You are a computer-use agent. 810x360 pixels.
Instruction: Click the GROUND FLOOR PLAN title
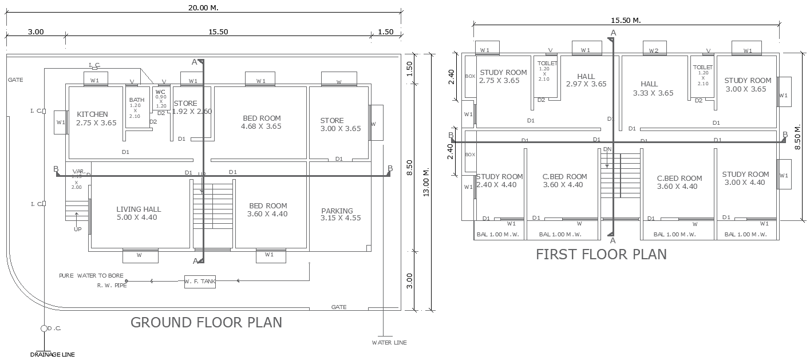206,322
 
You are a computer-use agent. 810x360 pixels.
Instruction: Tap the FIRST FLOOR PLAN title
601,254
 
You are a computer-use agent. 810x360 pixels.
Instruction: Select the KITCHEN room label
92,114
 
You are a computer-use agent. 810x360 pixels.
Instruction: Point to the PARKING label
337,211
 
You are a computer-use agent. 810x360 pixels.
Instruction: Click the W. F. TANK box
200,281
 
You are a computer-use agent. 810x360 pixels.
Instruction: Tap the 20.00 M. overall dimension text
203,7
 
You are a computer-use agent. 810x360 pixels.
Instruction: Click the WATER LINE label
389,343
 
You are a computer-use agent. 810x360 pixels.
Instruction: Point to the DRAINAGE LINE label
52,355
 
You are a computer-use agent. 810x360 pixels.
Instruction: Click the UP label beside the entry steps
77,229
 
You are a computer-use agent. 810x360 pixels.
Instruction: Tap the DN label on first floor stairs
607,149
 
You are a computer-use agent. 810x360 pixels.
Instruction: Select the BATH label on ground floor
136,100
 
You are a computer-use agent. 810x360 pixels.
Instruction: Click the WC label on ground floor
160,92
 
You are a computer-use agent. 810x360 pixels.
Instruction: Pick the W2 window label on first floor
653,51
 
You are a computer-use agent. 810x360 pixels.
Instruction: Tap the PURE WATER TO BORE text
91,276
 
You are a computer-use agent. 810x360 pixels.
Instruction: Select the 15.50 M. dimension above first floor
626,20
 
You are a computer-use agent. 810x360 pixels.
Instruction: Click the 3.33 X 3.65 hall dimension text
653,93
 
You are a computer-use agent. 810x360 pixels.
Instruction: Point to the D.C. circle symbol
44,329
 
